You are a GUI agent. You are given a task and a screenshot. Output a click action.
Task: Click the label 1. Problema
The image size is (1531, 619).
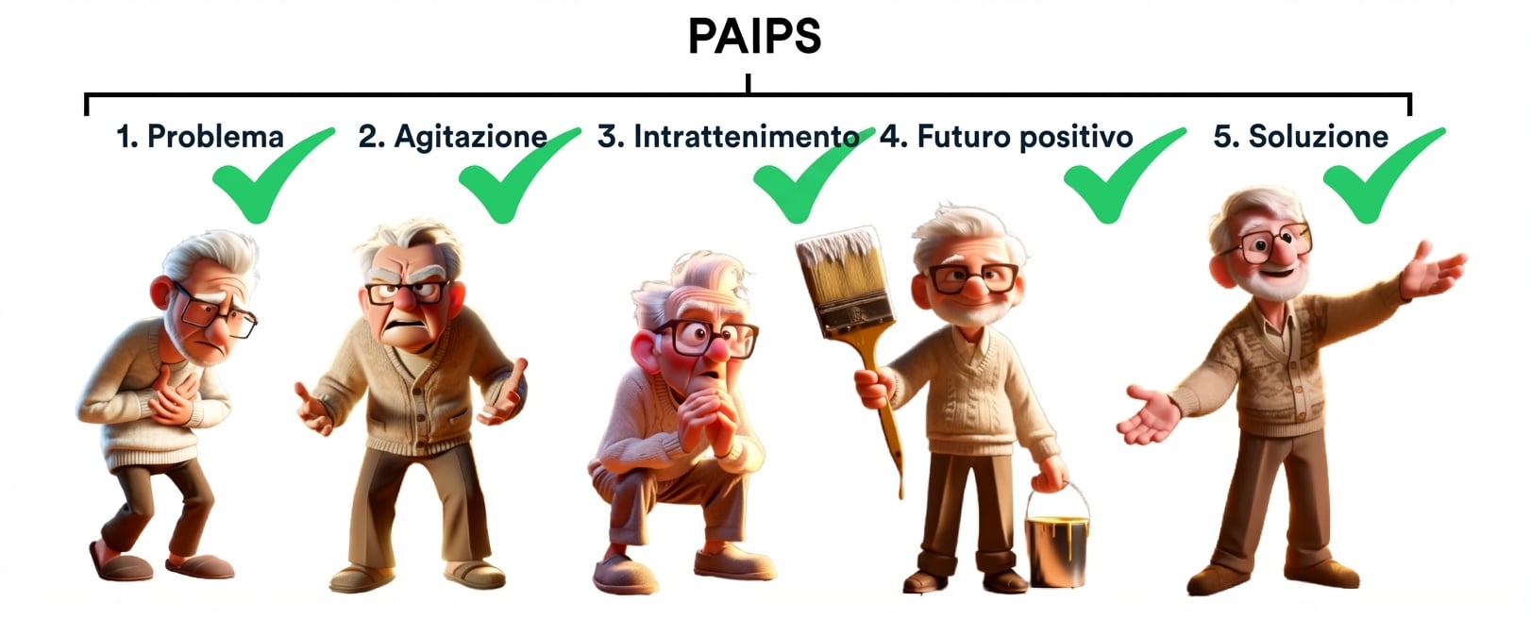200,137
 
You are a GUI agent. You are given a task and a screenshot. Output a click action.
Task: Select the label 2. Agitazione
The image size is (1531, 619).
452,137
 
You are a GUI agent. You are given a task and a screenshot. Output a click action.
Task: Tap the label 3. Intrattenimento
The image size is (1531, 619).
727,137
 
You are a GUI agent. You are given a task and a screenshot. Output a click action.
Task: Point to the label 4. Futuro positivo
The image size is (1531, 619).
1006,137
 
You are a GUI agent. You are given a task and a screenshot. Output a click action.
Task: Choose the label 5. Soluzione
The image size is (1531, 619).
1301,137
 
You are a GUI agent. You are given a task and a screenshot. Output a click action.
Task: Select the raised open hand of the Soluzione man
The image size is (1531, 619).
1430,269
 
